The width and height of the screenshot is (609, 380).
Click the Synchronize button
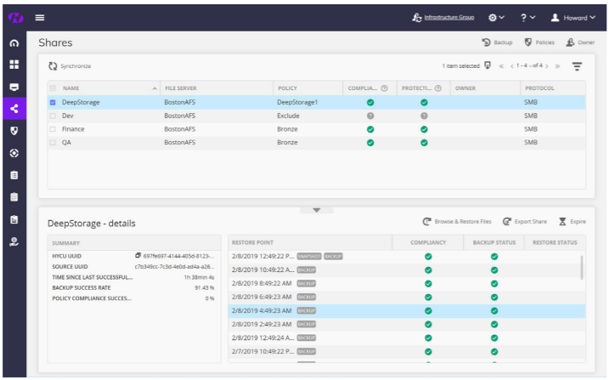click(x=70, y=65)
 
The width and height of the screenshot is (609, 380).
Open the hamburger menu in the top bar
click(x=40, y=17)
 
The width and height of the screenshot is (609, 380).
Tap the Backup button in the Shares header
click(x=498, y=42)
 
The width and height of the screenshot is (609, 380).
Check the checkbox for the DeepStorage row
click(x=54, y=102)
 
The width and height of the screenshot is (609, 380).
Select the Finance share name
click(x=74, y=129)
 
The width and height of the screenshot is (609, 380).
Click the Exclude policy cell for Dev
click(x=289, y=116)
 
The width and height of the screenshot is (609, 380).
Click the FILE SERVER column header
click(x=181, y=88)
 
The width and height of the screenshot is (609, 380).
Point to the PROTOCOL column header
click(x=539, y=88)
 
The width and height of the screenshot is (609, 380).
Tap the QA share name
click(x=66, y=143)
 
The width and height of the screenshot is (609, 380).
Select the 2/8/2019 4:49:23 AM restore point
click(x=262, y=310)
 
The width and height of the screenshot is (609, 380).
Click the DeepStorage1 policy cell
click(x=297, y=102)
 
